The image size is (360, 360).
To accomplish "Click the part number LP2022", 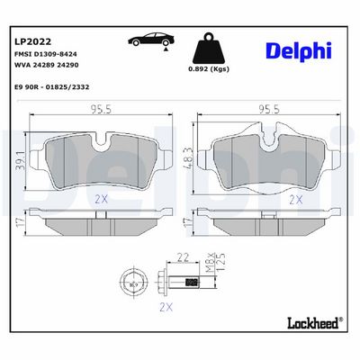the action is [x=32, y=41].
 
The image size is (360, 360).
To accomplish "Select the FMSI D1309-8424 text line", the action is [x=46, y=54].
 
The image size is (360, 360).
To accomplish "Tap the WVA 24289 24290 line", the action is [x=47, y=65].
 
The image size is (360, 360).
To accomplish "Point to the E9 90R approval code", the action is [x=52, y=87].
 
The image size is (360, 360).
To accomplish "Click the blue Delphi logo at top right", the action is [x=299, y=51].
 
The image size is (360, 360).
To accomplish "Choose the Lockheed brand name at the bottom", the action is [x=313, y=322].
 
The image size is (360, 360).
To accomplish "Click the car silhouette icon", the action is [x=151, y=40].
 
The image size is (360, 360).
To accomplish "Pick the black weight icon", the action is [x=209, y=49].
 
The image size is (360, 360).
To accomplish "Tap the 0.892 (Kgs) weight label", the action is [x=209, y=69].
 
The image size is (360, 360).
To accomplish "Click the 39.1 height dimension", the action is [x=21, y=160].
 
